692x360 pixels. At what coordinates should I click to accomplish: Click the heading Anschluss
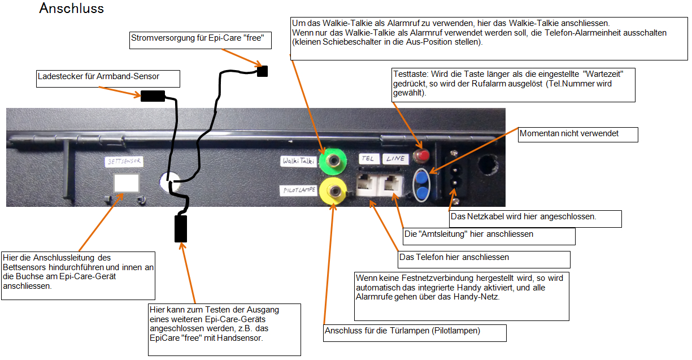tap(71, 9)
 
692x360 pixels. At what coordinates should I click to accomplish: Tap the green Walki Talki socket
tap(332, 162)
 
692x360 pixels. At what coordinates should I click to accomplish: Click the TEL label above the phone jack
tap(368, 159)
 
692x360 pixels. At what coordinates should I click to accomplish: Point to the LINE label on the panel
tap(395, 159)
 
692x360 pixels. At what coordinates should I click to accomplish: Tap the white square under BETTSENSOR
tap(127, 184)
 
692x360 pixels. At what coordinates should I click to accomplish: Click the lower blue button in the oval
tap(421, 192)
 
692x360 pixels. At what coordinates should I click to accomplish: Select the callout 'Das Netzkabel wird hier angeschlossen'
tap(535, 219)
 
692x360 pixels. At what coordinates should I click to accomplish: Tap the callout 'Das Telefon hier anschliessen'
tap(484, 259)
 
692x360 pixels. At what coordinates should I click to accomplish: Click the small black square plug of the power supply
tap(262, 71)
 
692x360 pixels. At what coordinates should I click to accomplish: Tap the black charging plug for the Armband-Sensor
tap(153, 96)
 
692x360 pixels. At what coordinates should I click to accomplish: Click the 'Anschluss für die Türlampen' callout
tap(415, 333)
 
